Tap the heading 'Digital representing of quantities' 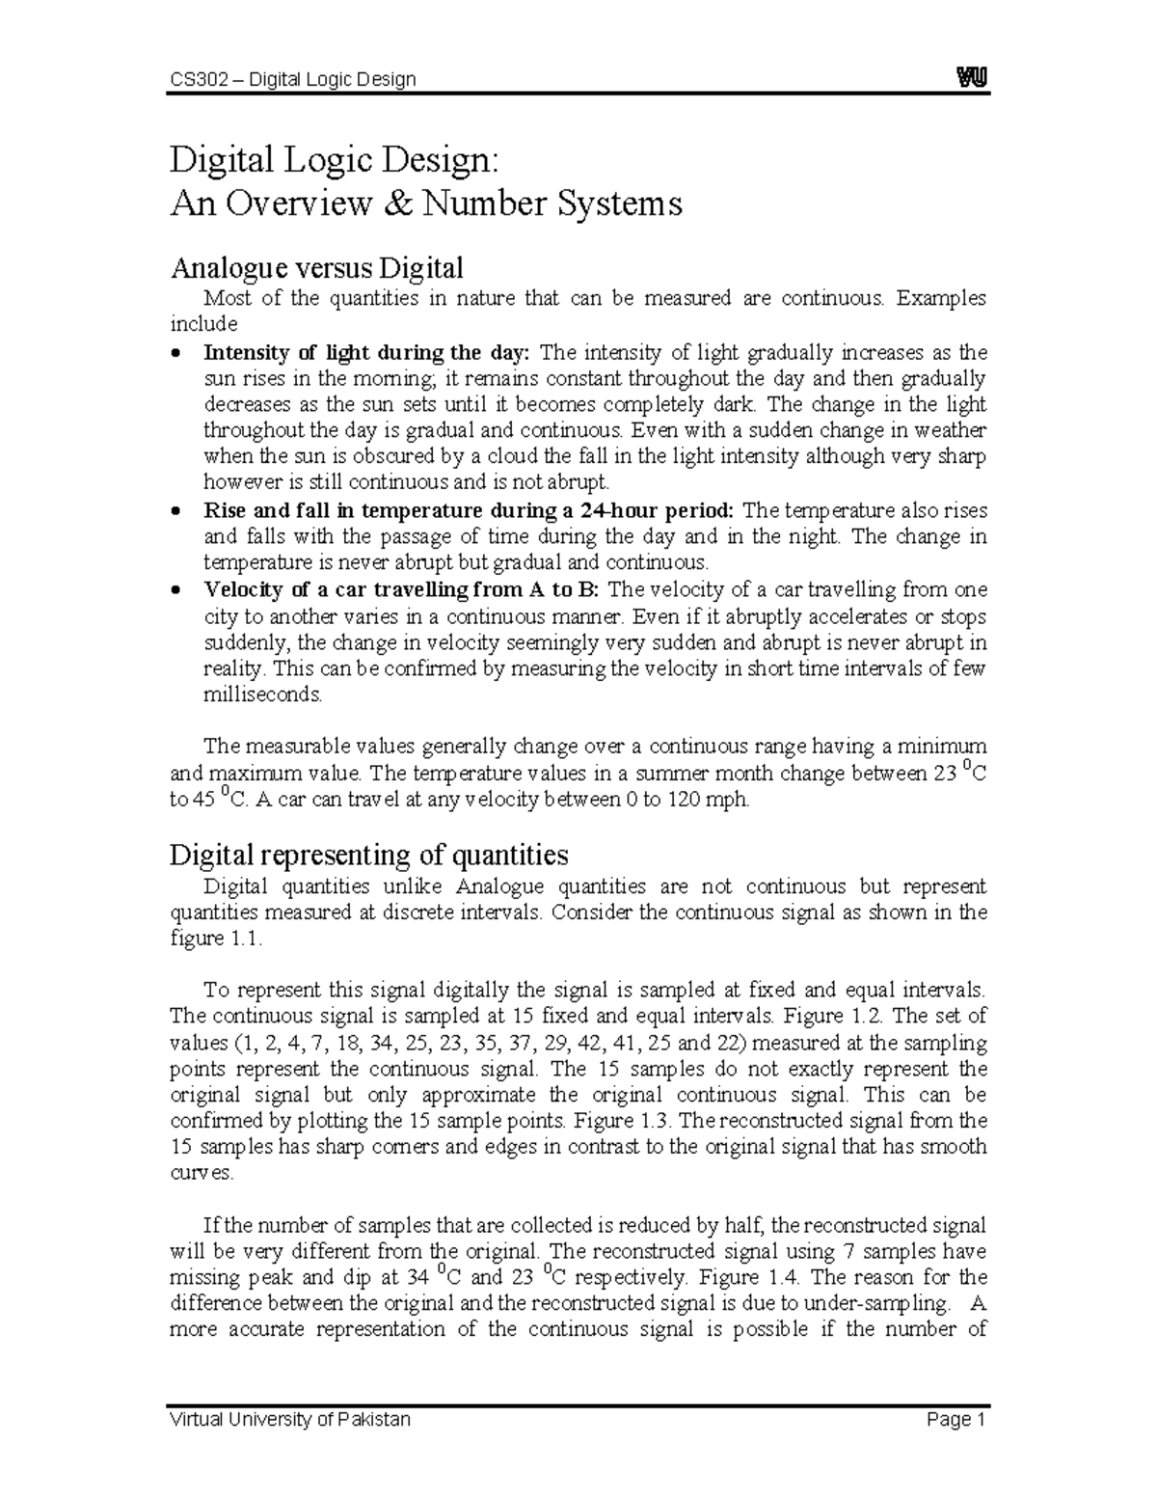pyautogui.click(x=368, y=855)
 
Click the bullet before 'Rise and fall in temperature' pyautogui.click(x=175, y=511)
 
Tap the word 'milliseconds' pyautogui.click(x=259, y=695)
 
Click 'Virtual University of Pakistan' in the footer pyautogui.click(x=290, y=1420)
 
